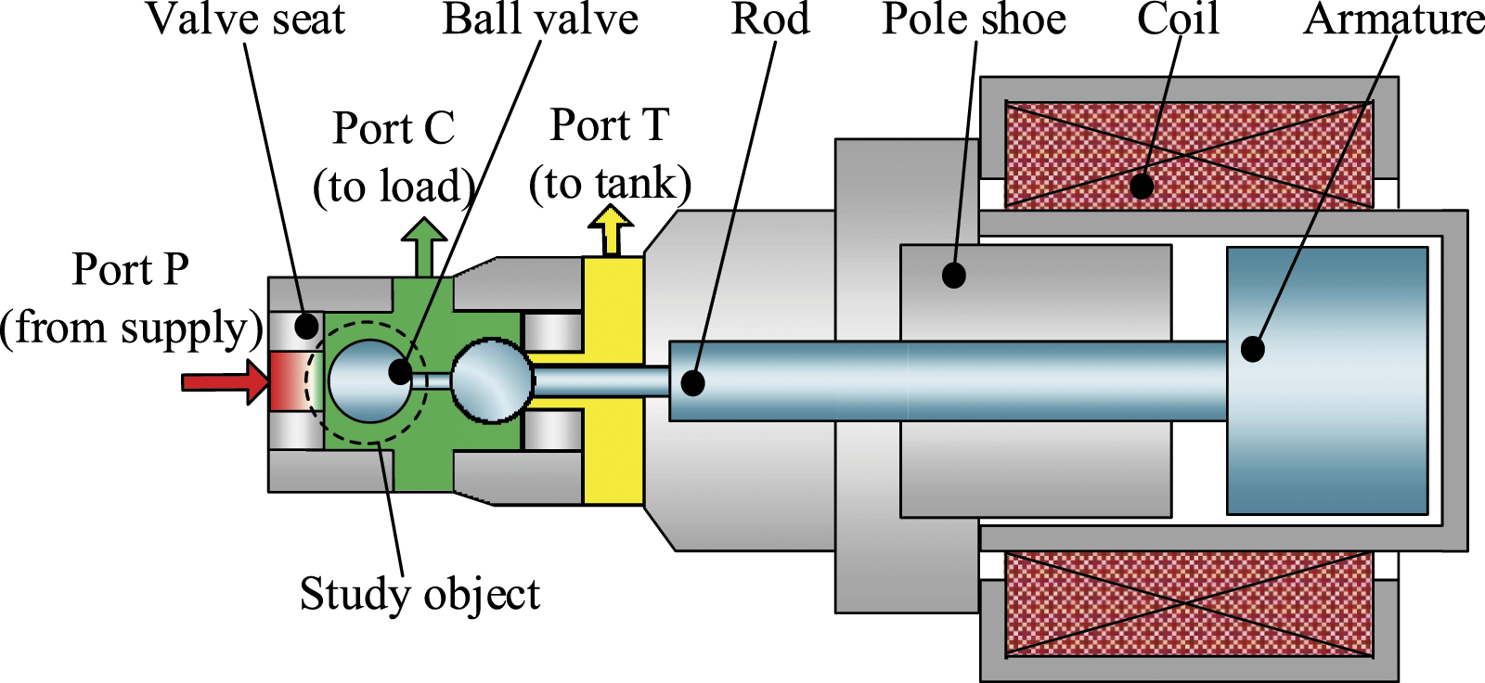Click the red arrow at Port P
pos(226,382)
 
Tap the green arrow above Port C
pos(424,247)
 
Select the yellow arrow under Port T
pos(611,230)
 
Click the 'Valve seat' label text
pos(245,19)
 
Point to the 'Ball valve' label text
pos(540,19)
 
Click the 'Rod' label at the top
pos(770,19)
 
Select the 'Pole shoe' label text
pos(974,19)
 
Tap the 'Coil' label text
pos(1178,19)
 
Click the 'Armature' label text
pos(1393,19)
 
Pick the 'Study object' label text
pos(420,594)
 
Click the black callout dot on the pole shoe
pos(953,275)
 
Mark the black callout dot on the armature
pos(1252,349)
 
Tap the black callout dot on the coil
pos(1141,187)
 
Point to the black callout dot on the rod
pos(692,383)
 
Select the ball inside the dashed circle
pos(370,381)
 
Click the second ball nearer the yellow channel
pos(492,380)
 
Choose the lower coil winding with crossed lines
pos(1189,605)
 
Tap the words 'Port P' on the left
pos(130,269)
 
